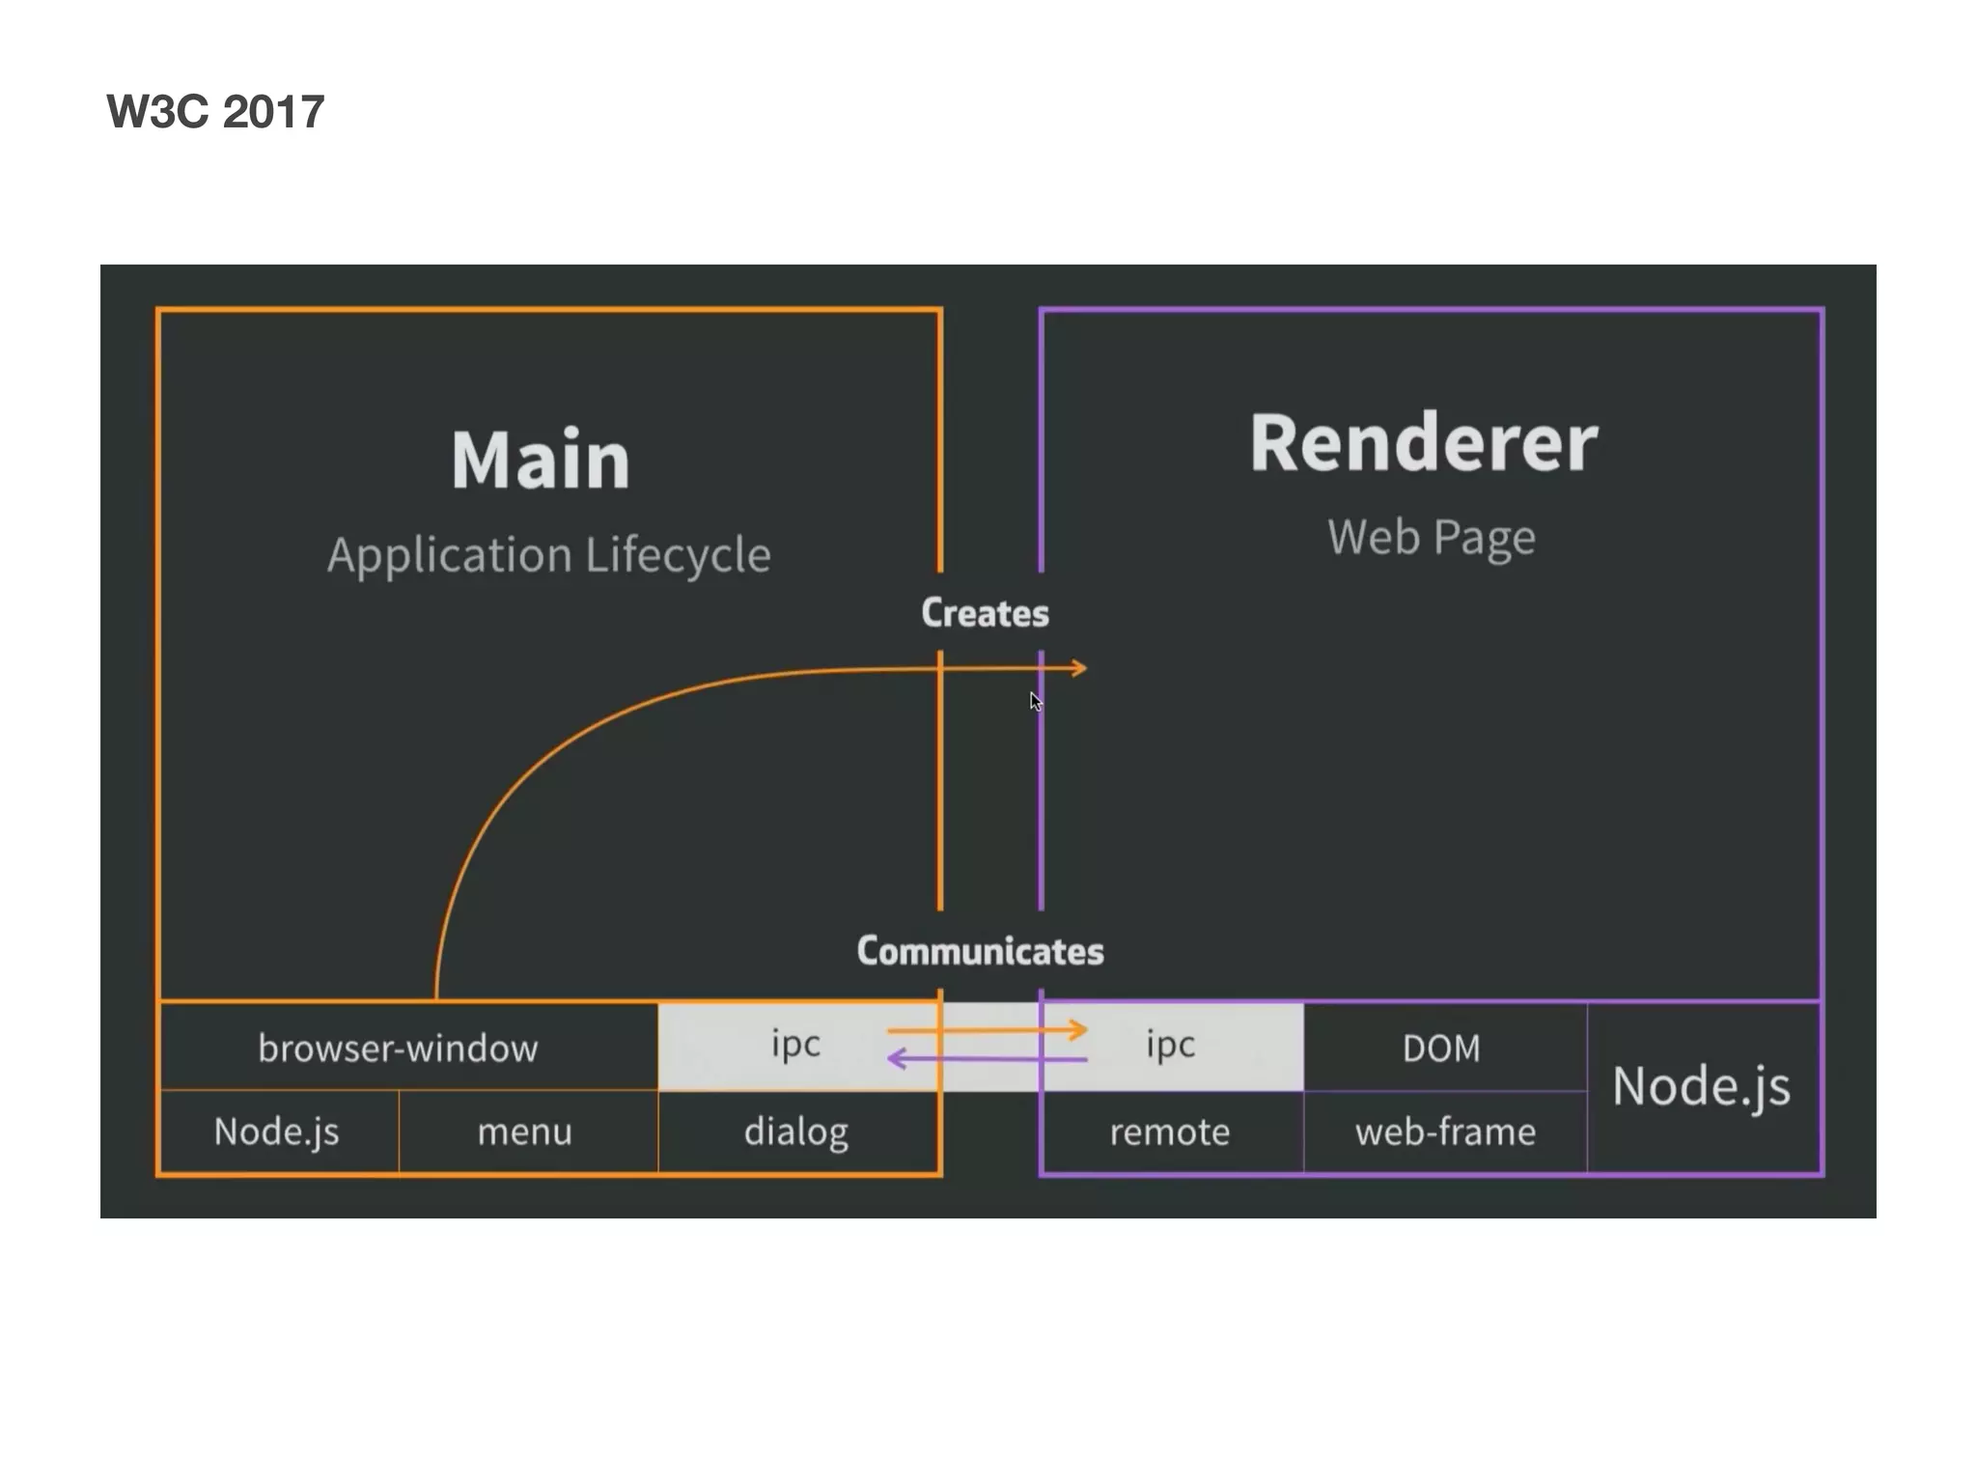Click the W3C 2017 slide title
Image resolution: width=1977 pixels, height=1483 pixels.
tap(215, 111)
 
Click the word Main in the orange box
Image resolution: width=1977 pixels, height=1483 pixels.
tap(541, 461)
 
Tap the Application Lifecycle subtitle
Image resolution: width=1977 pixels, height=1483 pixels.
tap(548, 555)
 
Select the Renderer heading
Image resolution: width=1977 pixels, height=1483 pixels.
tap(1424, 443)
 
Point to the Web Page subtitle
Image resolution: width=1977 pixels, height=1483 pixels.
tap(1431, 537)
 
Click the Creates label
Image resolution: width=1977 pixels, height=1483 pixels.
tap(985, 613)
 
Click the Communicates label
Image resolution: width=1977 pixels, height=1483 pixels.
tap(980, 951)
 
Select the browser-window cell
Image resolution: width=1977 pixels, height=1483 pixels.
tap(398, 1048)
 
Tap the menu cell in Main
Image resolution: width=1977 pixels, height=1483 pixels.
tap(525, 1132)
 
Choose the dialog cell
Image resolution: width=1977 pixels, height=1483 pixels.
tap(796, 1132)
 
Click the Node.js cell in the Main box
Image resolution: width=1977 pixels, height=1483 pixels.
tap(277, 1132)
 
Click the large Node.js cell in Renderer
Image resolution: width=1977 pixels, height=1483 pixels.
tap(1701, 1086)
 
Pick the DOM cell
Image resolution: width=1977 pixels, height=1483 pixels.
tap(1441, 1048)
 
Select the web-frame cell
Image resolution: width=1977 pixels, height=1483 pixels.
tap(1445, 1132)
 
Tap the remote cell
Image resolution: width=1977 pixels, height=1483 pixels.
tap(1170, 1132)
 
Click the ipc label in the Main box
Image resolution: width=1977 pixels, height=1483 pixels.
tap(795, 1044)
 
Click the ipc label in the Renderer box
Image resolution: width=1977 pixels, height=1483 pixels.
tap(1170, 1044)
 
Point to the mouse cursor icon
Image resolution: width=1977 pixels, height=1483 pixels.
tap(1035, 701)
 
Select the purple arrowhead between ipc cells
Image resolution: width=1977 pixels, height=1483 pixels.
tap(895, 1059)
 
